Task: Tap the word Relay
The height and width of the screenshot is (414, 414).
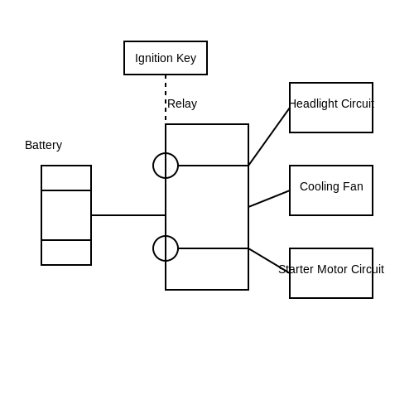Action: point(182,103)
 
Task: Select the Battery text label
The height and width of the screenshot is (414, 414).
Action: point(43,145)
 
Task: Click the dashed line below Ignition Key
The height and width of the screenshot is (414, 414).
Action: point(166,98)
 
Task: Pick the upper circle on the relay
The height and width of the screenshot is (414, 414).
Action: point(153,166)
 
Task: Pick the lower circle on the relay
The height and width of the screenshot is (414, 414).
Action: point(153,248)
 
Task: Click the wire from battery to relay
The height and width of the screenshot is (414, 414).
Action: point(128,215)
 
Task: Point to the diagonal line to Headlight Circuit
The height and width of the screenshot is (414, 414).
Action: point(269,137)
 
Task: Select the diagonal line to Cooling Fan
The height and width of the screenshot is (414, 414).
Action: point(269,199)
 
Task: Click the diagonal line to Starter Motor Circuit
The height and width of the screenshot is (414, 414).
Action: point(269,261)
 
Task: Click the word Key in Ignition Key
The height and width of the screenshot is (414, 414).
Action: point(186,59)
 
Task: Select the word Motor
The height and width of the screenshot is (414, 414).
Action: point(333,269)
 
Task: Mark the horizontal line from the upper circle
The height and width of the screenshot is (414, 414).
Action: point(214,166)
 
